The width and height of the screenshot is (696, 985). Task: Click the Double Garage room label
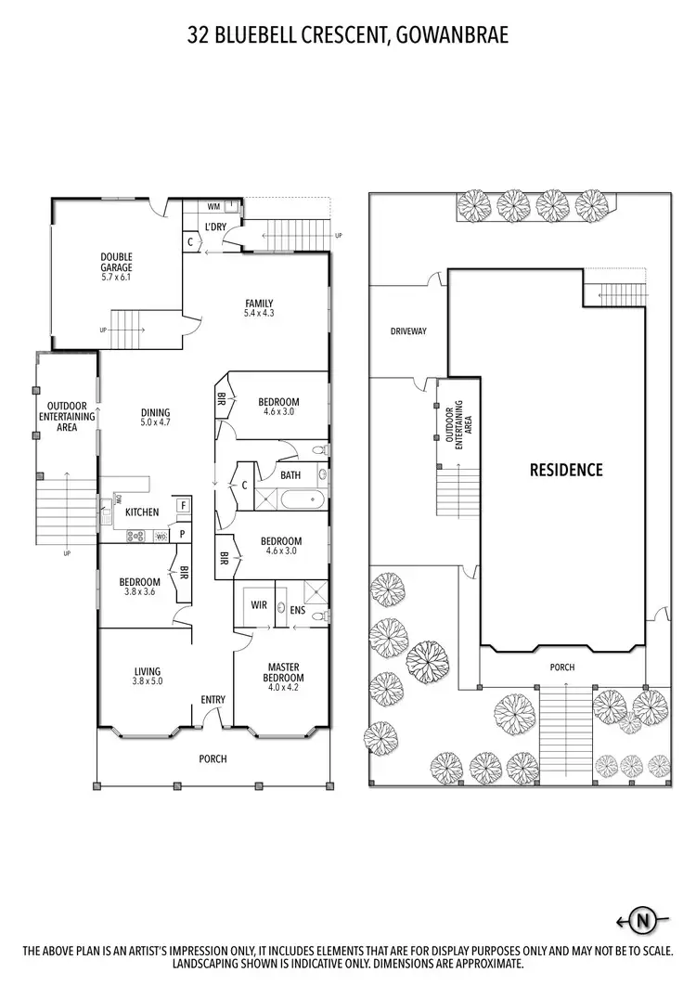point(117,266)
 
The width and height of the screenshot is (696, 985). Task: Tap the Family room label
point(259,308)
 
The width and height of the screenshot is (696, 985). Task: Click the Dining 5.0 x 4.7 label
point(155,418)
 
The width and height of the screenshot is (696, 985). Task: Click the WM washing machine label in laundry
point(213,207)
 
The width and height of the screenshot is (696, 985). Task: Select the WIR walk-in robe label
point(260,605)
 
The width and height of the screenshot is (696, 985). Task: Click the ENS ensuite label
point(297,611)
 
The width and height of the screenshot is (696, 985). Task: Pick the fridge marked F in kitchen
point(184,505)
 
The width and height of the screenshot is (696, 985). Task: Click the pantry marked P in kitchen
point(184,534)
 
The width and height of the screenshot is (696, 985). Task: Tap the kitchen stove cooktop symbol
point(135,535)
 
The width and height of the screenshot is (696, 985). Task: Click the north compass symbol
point(641,921)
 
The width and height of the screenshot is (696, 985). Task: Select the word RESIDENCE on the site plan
point(566,470)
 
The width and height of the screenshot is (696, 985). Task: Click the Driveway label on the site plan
point(408,331)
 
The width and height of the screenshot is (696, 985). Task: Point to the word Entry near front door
point(214,701)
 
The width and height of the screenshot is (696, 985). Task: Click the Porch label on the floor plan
point(213,758)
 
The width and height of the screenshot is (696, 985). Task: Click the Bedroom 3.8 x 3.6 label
point(138,589)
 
